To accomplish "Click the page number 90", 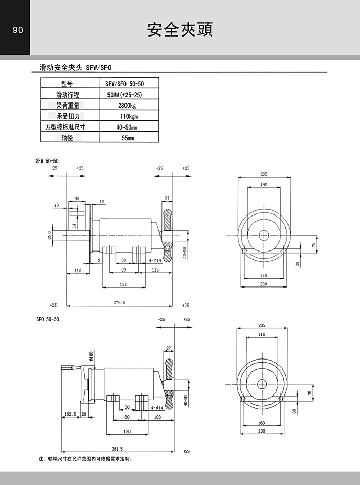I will (x=17, y=30).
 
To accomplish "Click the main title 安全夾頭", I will (x=179, y=29).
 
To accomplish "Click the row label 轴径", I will (x=67, y=138).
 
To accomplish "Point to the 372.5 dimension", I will (x=120, y=303).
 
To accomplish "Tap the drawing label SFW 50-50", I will (x=47, y=160).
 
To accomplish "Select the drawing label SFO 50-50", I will (x=47, y=319).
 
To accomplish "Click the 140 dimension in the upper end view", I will (x=263, y=184).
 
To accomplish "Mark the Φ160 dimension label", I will (x=91, y=356).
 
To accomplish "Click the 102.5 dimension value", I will (x=70, y=414).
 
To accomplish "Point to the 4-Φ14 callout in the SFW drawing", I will (x=156, y=261).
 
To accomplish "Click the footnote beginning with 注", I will (x=85, y=458).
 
